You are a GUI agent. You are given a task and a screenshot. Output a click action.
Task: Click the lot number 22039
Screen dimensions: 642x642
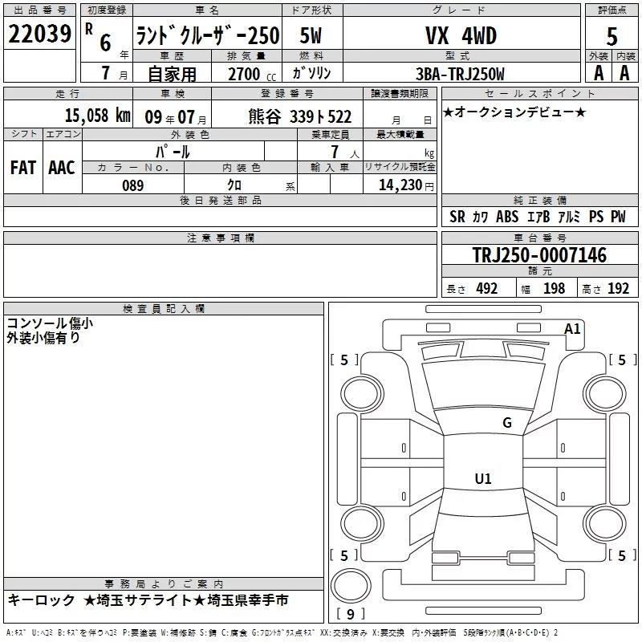(39, 34)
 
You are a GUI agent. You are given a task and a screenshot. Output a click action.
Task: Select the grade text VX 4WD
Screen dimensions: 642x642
(461, 35)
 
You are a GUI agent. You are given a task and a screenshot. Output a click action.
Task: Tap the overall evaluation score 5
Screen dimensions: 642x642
(612, 36)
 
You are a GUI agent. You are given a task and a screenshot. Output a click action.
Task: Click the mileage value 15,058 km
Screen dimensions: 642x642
(97, 116)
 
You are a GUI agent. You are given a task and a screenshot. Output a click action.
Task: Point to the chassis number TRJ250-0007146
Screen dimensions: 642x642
(539, 255)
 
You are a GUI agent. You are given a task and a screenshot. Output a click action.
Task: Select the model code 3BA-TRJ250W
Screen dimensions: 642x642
(460, 74)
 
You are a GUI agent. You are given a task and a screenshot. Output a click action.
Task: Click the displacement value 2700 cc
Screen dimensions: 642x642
(252, 74)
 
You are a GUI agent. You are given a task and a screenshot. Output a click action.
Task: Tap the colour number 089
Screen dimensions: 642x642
(132, 185)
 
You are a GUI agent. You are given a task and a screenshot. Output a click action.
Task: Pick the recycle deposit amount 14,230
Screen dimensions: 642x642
(400, 185)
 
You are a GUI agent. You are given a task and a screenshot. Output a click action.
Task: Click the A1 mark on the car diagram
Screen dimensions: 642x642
(572, 329)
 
